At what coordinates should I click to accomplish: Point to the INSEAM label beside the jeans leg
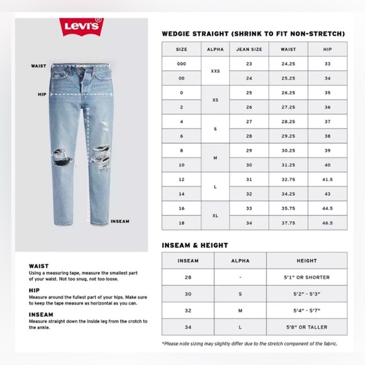pos(120,221)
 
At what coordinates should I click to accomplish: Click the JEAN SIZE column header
pos(249,49)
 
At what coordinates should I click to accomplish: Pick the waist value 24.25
pos(288,64)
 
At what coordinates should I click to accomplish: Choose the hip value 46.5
pos(327,223)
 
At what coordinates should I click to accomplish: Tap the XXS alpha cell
pos(215,71)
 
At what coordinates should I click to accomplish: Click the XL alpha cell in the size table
pos(215,216)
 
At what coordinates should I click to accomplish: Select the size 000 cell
pos(181,64)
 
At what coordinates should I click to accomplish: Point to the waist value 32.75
pos(288,179)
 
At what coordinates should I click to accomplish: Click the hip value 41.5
pos(327,179)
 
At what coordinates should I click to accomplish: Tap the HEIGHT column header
pos(306,261)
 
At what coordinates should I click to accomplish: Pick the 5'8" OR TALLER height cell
pos(306,327)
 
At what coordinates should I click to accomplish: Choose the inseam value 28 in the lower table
pos(188,278)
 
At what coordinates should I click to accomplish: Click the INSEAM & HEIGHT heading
pos(194,245)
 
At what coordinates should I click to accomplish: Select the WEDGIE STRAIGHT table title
pos(253,33)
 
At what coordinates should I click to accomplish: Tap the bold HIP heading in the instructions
pos(34,290)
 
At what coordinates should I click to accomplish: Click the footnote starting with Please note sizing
pos(249,344)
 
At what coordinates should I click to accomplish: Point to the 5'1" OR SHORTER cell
pos(306,278)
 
